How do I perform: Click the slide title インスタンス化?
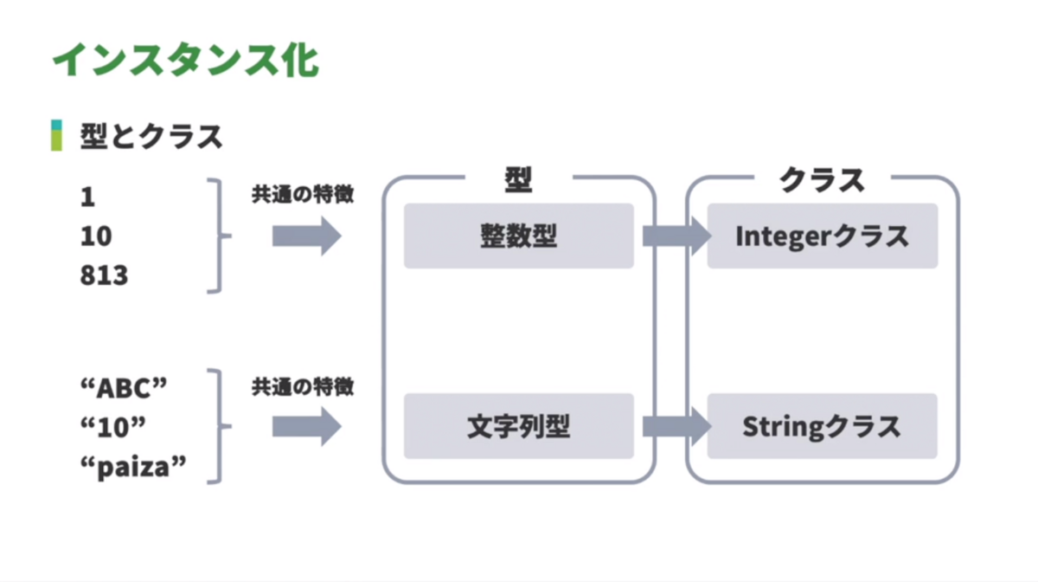(185, 61)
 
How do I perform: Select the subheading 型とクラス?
(151, 137)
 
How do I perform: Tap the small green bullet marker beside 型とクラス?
(56, 136)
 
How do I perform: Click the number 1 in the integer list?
(87, 197)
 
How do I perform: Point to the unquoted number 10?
(96, 236)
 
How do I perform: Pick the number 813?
(104, 276)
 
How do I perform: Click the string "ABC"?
(122, 388)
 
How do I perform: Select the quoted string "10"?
(112, 427)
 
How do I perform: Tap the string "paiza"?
(132, 467)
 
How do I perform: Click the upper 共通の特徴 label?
(303, 196)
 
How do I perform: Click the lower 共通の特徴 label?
(303, 386)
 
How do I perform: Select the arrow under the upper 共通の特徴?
(306, 236)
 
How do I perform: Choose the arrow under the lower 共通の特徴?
(306, 427)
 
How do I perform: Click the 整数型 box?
(518, 236)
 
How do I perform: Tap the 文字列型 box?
(518, 426)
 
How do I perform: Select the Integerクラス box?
(822, 236)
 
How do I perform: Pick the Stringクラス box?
(822, 426)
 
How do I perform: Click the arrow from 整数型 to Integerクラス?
(676, 236)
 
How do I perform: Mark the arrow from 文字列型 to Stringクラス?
(676, 426)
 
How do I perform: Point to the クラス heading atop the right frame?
(822, 180)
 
